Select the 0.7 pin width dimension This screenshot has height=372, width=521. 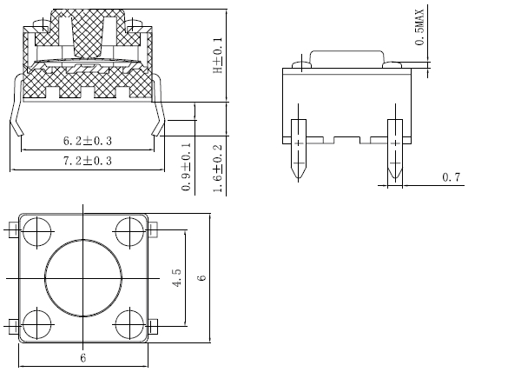click(x=452, y=178)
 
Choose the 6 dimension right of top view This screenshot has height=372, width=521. click(x=201, y=277)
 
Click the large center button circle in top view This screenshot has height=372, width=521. click(x=83, y=277)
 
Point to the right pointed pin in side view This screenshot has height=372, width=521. click(x=394, y=149)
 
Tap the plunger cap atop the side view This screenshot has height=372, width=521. click(x=346, y=58)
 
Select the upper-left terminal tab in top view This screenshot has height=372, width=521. click(x=12, y=230)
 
